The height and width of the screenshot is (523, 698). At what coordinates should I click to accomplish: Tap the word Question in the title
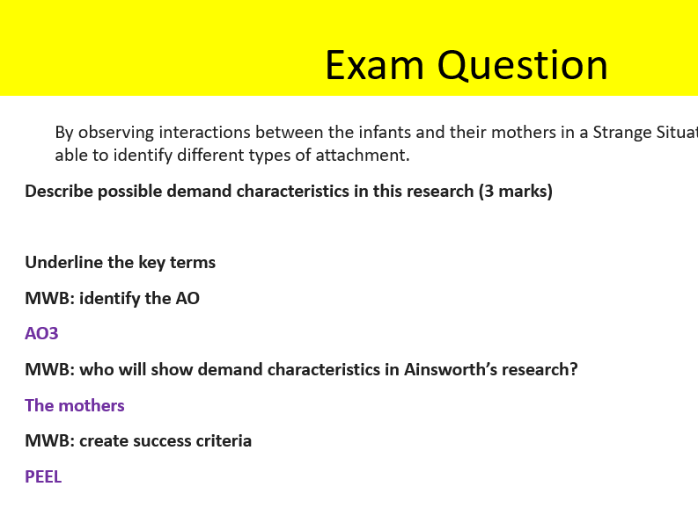[523, 65]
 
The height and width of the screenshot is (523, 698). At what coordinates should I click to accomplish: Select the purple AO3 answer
[41, 334]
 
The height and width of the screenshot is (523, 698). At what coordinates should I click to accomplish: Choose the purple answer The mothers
[75, 405]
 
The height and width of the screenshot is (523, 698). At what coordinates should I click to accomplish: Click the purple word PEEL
[43, 477]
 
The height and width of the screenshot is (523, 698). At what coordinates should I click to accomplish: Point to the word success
[157, 440]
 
